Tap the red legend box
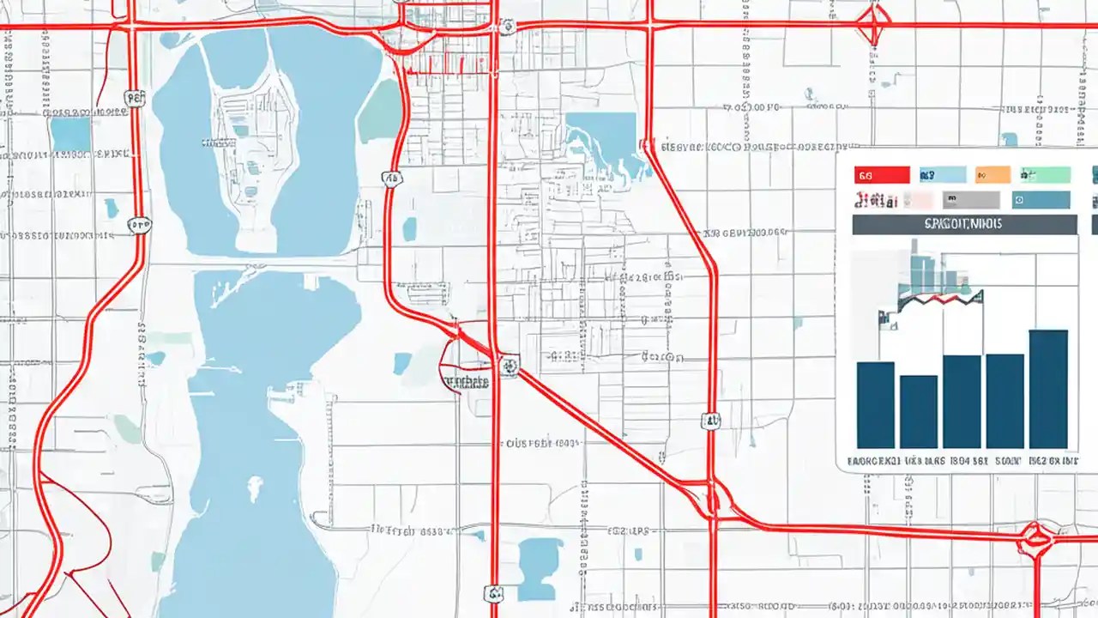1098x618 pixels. pos(882,175)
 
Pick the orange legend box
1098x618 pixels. pos(992,175)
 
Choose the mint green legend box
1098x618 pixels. pos(1045,175)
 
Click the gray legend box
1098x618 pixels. pos(971,201)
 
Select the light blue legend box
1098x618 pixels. pos(942,175)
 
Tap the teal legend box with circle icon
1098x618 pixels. pos(1041,201)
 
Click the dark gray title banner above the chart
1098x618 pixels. pos(964,225)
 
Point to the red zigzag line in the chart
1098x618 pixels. pos(939,300)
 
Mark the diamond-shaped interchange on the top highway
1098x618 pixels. pos(873,24)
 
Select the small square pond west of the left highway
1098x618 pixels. pos(70,135)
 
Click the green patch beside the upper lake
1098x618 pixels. pos(381,112)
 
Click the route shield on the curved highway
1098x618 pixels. pos(390,179)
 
